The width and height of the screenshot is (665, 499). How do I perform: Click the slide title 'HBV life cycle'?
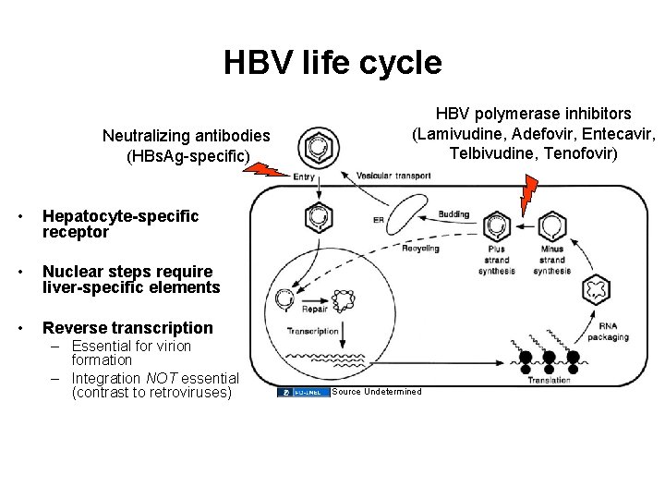coord(332,63)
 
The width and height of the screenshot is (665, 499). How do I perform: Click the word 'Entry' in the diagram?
coord(303,176)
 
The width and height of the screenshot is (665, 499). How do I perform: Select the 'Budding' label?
coord(453,214)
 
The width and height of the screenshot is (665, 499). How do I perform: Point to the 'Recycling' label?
coord(420,249)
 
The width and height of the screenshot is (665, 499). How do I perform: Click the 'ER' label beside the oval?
coord(378,220)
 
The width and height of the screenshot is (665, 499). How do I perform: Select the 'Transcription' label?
coord(313,331)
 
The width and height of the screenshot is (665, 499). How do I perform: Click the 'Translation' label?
coord(549,380)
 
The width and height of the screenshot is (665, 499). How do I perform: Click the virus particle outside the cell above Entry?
coord(317,147)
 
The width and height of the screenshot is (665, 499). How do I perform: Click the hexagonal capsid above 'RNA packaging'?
coord(596,289)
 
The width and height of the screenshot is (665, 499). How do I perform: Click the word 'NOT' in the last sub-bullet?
coord(161,378)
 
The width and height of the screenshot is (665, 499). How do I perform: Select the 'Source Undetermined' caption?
coord(376,392)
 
